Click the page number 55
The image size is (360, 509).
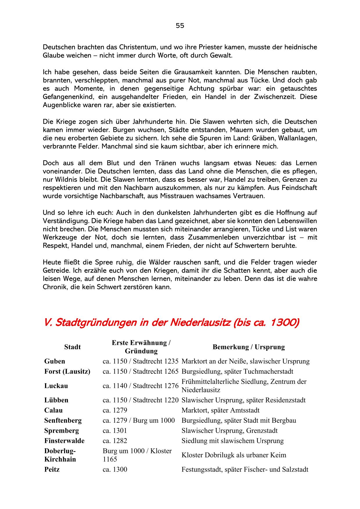pos(180,26)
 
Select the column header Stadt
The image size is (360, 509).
pos(72,347)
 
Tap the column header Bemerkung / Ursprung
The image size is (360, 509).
pos(249,347)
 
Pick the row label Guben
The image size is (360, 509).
pos(55,361)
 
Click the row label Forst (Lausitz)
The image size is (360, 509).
pos(67,371)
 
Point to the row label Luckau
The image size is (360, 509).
pos(56,386)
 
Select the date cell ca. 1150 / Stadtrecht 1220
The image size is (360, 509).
pos(141,400)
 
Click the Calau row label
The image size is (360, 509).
pos(53,410)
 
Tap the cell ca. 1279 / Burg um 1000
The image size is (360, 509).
pos(139,420)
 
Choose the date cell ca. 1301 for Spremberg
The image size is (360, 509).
pos(115,431)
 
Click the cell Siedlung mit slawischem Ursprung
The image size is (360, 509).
pos(233,441)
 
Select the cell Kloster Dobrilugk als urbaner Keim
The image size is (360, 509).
pos(234,455)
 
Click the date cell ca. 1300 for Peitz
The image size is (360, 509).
pos(115,470)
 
